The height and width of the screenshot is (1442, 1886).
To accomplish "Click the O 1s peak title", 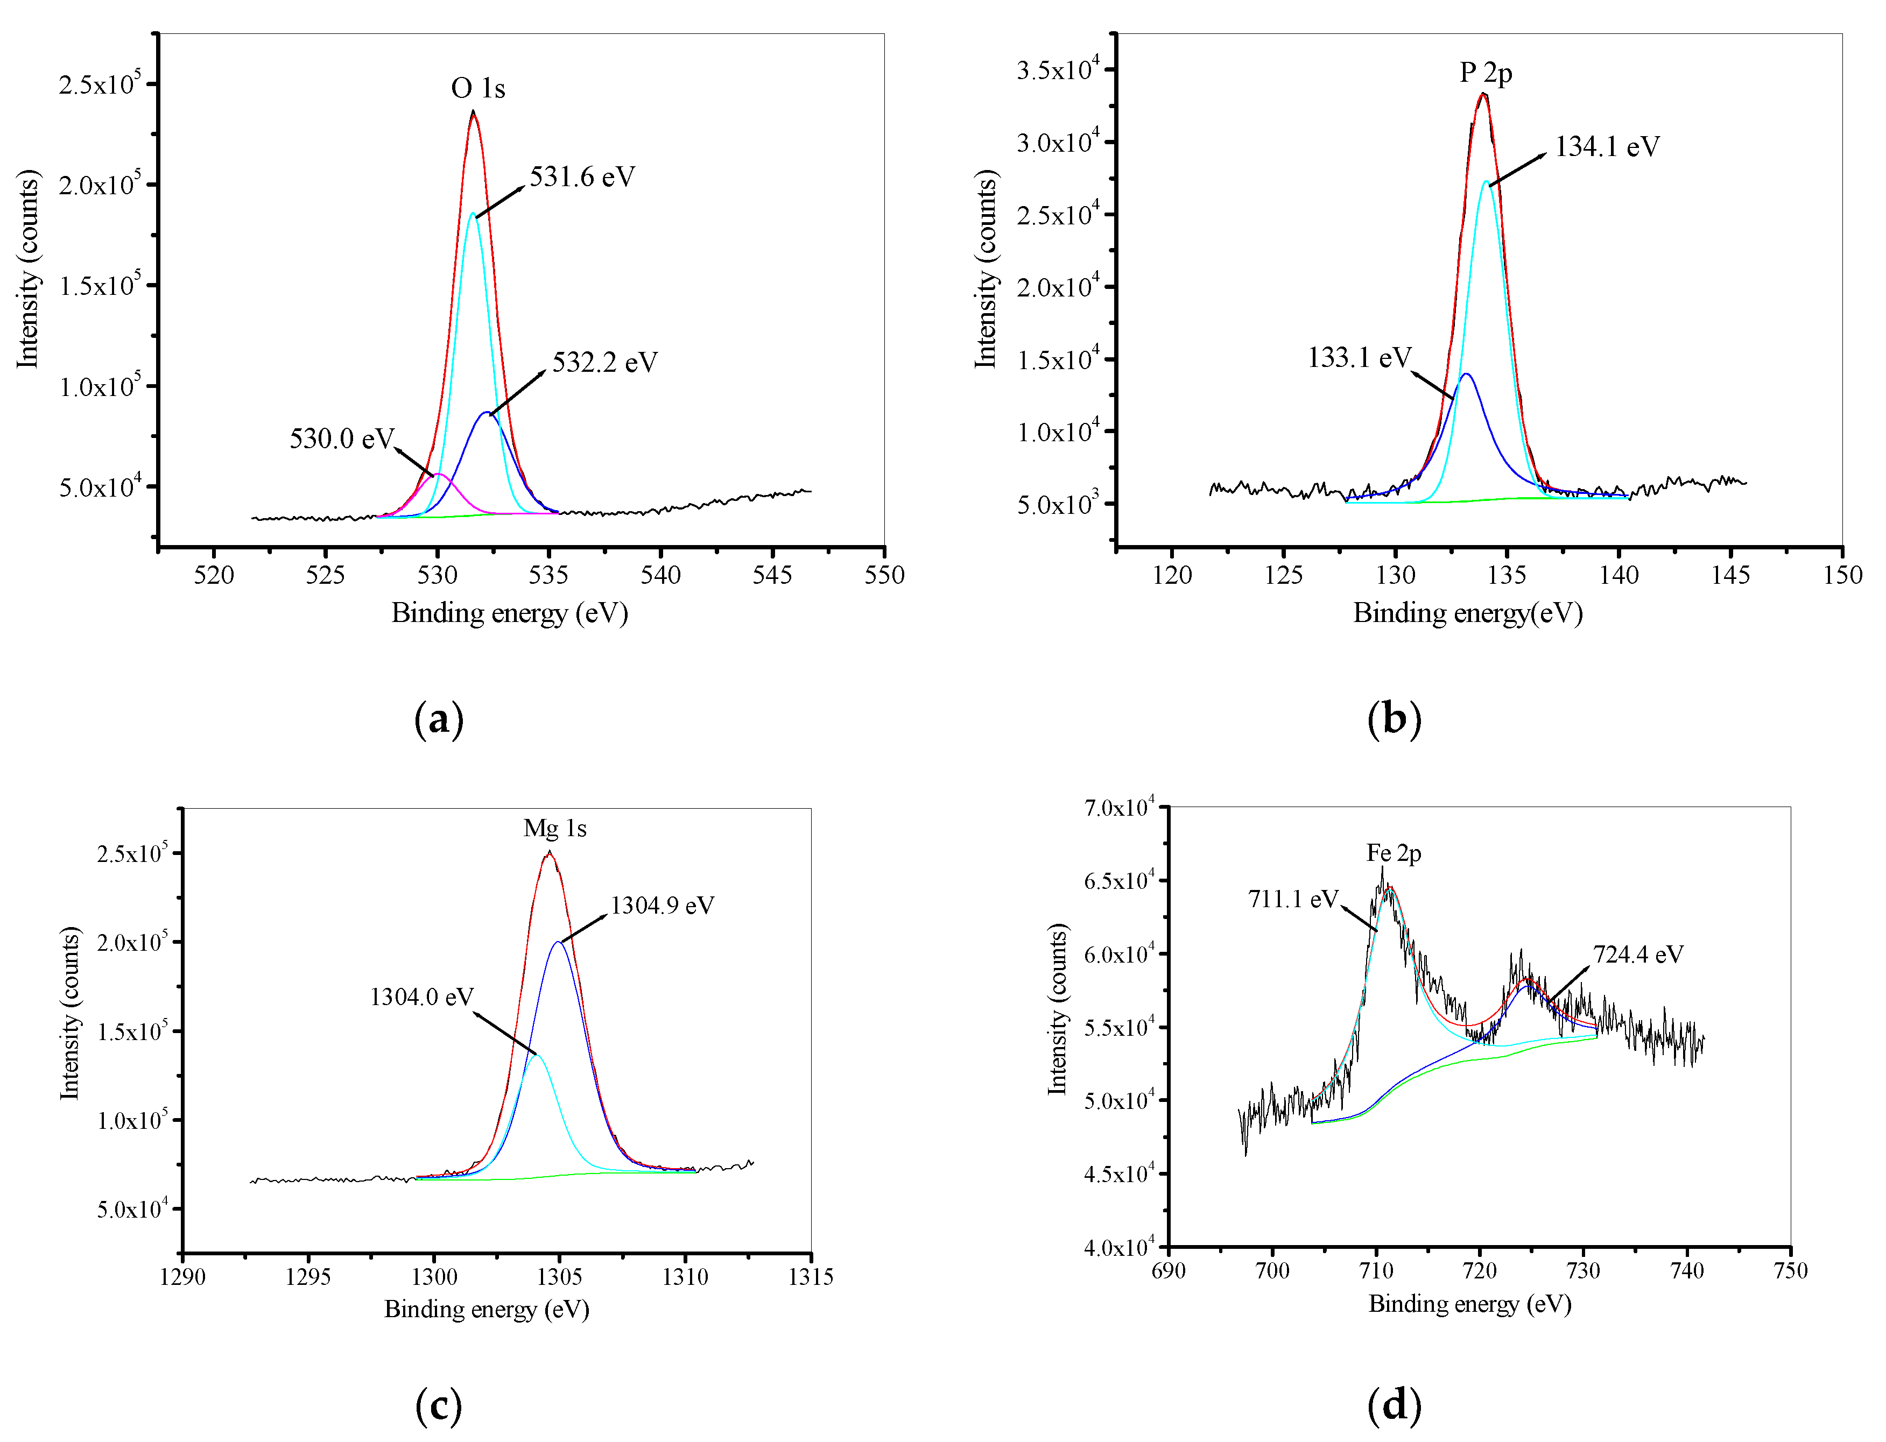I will pyautogui.click(x=477, y=88).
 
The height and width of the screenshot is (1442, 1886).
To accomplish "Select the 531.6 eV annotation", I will pyautogui.click(x=581, y=177).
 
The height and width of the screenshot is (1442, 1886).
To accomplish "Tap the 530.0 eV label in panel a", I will pyautogui.click(x=341, y=439).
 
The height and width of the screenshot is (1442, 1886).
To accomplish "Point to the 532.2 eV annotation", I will pyautogui.click(x=604, y=362).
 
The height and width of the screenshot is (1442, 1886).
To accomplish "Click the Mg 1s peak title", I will pyautogui.click(x=554, y=828).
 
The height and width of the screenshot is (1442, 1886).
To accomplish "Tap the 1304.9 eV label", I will pyautogui.click(x=662, y=906).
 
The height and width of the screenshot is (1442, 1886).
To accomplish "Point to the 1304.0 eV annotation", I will pyautogui.click(x=421, y=996).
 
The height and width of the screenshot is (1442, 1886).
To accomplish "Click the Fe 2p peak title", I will pyautogui.click(x=1394, y=853).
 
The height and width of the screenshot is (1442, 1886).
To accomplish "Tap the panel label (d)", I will pyautogui.click(x=1394, y=1405).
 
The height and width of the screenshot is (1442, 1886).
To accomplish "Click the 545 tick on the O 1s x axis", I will pyautogui.click(x=772, y=575).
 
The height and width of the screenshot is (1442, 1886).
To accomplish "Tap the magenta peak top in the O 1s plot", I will pyautogui.click(x=438, y=474).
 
